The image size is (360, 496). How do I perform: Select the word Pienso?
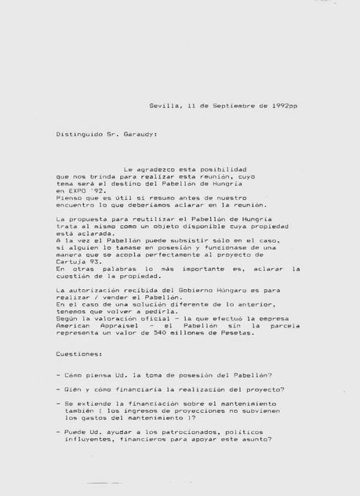(x=68, y=197)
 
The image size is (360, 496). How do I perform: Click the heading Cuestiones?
(x=78, y=354)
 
